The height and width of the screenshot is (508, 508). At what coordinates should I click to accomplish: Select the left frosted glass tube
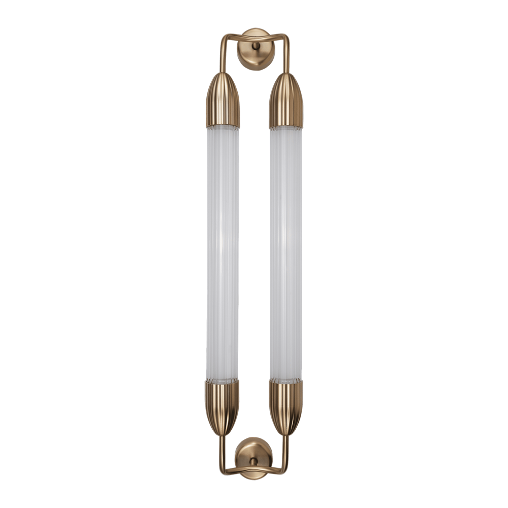(x=223, y=254)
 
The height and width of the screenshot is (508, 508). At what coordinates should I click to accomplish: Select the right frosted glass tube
(x=285, y=254)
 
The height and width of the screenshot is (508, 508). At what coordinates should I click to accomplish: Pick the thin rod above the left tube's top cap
(x=223, y=56)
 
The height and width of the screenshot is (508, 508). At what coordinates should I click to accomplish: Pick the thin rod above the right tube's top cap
(x=287, y=56)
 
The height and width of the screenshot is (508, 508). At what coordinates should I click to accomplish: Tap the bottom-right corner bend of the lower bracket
(x=284, y=470)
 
